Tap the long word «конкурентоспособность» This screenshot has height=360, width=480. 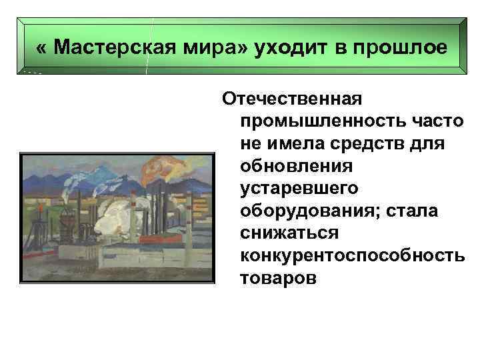pos(353,256)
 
